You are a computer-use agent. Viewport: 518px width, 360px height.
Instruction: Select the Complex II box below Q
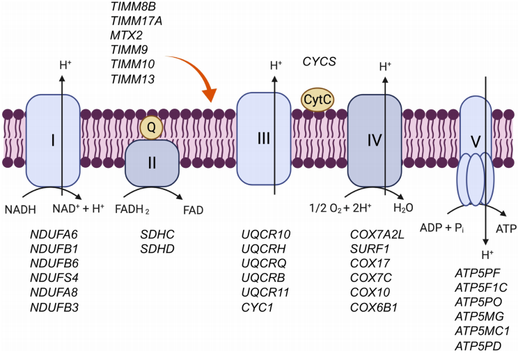point(152,162)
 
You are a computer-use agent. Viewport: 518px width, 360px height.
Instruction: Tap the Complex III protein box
point(264,139)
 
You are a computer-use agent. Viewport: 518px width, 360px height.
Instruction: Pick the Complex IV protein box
point(374,140)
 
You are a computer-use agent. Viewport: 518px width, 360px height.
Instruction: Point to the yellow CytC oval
point(318,100)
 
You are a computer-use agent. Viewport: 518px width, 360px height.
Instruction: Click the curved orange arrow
point(195,77)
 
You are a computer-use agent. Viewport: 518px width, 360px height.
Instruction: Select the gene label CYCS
point(320,62)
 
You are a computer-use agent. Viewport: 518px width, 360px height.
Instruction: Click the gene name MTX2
point(127,35)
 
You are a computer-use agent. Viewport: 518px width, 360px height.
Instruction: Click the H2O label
point(403,208)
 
